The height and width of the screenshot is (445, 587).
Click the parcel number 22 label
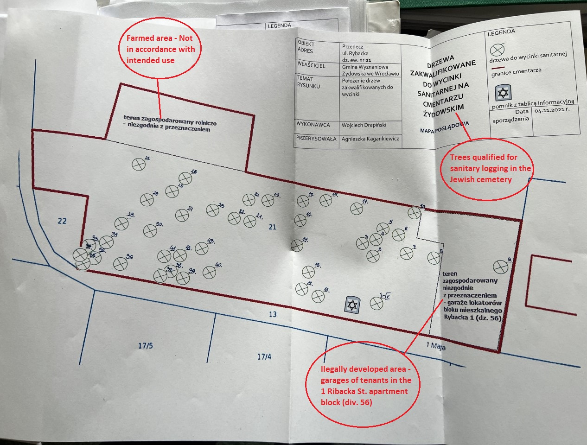point(62,221)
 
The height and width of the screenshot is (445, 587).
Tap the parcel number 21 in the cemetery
point(273,227)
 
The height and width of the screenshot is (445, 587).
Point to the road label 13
point(273,314)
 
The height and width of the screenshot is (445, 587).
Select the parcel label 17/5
point(145,346)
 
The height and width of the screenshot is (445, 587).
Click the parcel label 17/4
point(264,356)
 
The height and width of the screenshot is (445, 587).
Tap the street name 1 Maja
point(436,346)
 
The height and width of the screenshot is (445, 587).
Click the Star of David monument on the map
point(352,304)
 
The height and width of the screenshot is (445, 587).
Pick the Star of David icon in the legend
point(503,93)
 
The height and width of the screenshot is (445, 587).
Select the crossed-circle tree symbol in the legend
point(498,50)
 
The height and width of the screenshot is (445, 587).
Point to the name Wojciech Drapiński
point(364,125)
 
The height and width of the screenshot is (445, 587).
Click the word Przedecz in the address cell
point(352,47)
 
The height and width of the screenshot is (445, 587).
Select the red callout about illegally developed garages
point(365,385)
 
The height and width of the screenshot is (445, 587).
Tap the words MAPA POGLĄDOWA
point(444,127)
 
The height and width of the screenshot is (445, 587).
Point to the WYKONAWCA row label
point(313,124)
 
